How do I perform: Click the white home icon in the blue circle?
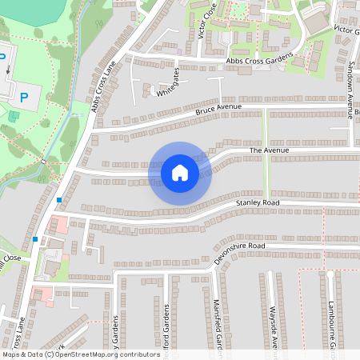click(x=180, y=172)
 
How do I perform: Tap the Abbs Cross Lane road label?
click(x=105, y=84)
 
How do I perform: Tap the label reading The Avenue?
click(x=268, y=150)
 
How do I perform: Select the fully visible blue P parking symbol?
click(x=24, y=98)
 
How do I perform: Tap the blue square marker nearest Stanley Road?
click(x=59, y=199)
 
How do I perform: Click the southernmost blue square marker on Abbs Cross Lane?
click(x=35, y=238)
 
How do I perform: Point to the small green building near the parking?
click(x=13, y=117)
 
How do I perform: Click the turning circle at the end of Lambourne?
click(x=330, y=274)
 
